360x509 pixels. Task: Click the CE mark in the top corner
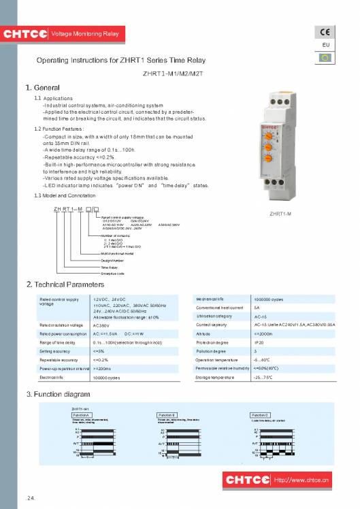pos(325,33)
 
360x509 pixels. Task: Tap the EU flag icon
pos(325,57)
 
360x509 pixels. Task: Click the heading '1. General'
pos(43,88)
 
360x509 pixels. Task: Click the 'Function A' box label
pos(82,414)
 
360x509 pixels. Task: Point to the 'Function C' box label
pos(261,414)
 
